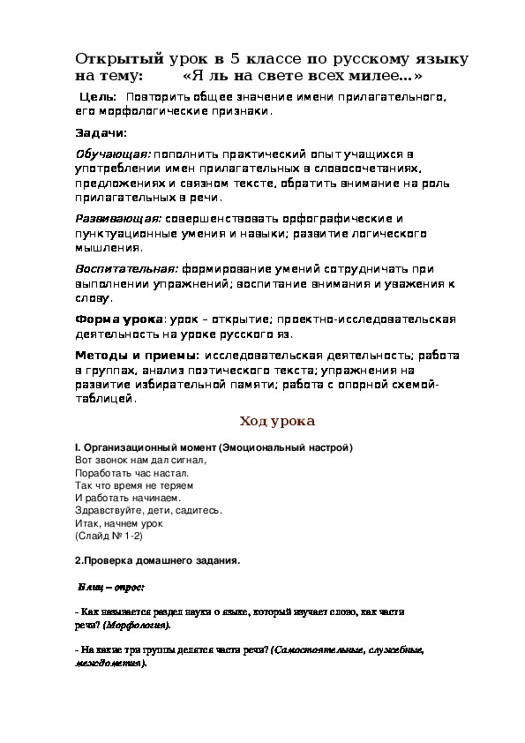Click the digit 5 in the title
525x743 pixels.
(x=236, y=60)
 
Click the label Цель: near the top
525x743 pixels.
(x=97, y=95)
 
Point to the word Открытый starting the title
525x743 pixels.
(x=113, y=60)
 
